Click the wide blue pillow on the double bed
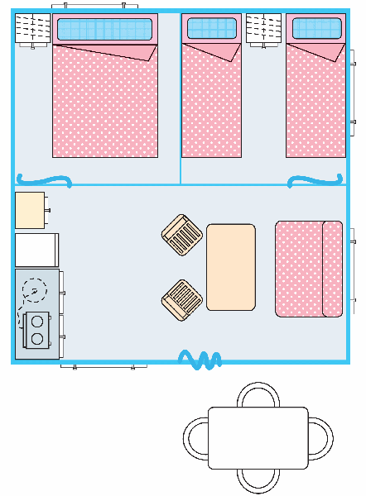point(104,31)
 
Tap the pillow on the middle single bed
point(211,29)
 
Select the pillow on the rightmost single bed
point(315,29)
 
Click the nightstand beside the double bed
point(33,29)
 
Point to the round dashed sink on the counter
point(35,290)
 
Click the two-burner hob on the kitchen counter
point(37,329)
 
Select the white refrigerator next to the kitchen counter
point(36,250)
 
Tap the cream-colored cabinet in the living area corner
point(30,210)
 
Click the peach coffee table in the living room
point(230,267)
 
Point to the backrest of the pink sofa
point(332,269)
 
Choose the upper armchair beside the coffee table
point(181,235)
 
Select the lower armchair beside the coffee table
point(181,299)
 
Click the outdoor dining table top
point(258,437)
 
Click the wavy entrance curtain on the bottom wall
point(200,360)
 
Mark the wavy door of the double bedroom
point(43,180)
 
